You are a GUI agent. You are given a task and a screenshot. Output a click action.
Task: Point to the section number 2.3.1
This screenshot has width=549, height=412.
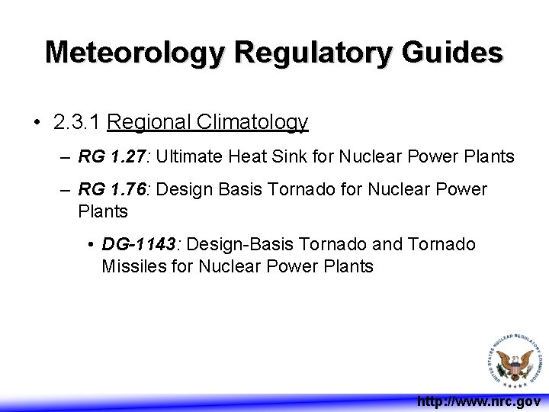click(x=78, y=122)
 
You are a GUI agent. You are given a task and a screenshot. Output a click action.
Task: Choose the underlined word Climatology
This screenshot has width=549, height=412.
click(x=252, y=122)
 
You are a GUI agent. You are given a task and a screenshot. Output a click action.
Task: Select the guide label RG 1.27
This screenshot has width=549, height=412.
click(x=114, y=157)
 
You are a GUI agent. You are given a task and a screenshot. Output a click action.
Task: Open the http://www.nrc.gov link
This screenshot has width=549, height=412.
click(x=478, y=401)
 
